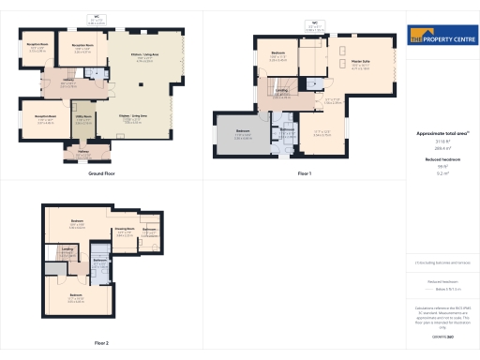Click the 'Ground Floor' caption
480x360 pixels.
click(x=101, y=174)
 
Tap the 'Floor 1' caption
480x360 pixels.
click(x=305, y=174)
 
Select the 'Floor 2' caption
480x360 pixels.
click(x=101, y=343)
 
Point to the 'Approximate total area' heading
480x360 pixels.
click(x=442, y=134)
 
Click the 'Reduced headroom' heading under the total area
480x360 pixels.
click(x=442, y=159)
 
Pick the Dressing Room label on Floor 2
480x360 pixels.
click(x=124, y=230)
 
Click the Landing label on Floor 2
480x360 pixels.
click(x=67, y=252)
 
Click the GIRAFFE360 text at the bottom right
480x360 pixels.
click(x=442, y=334)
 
